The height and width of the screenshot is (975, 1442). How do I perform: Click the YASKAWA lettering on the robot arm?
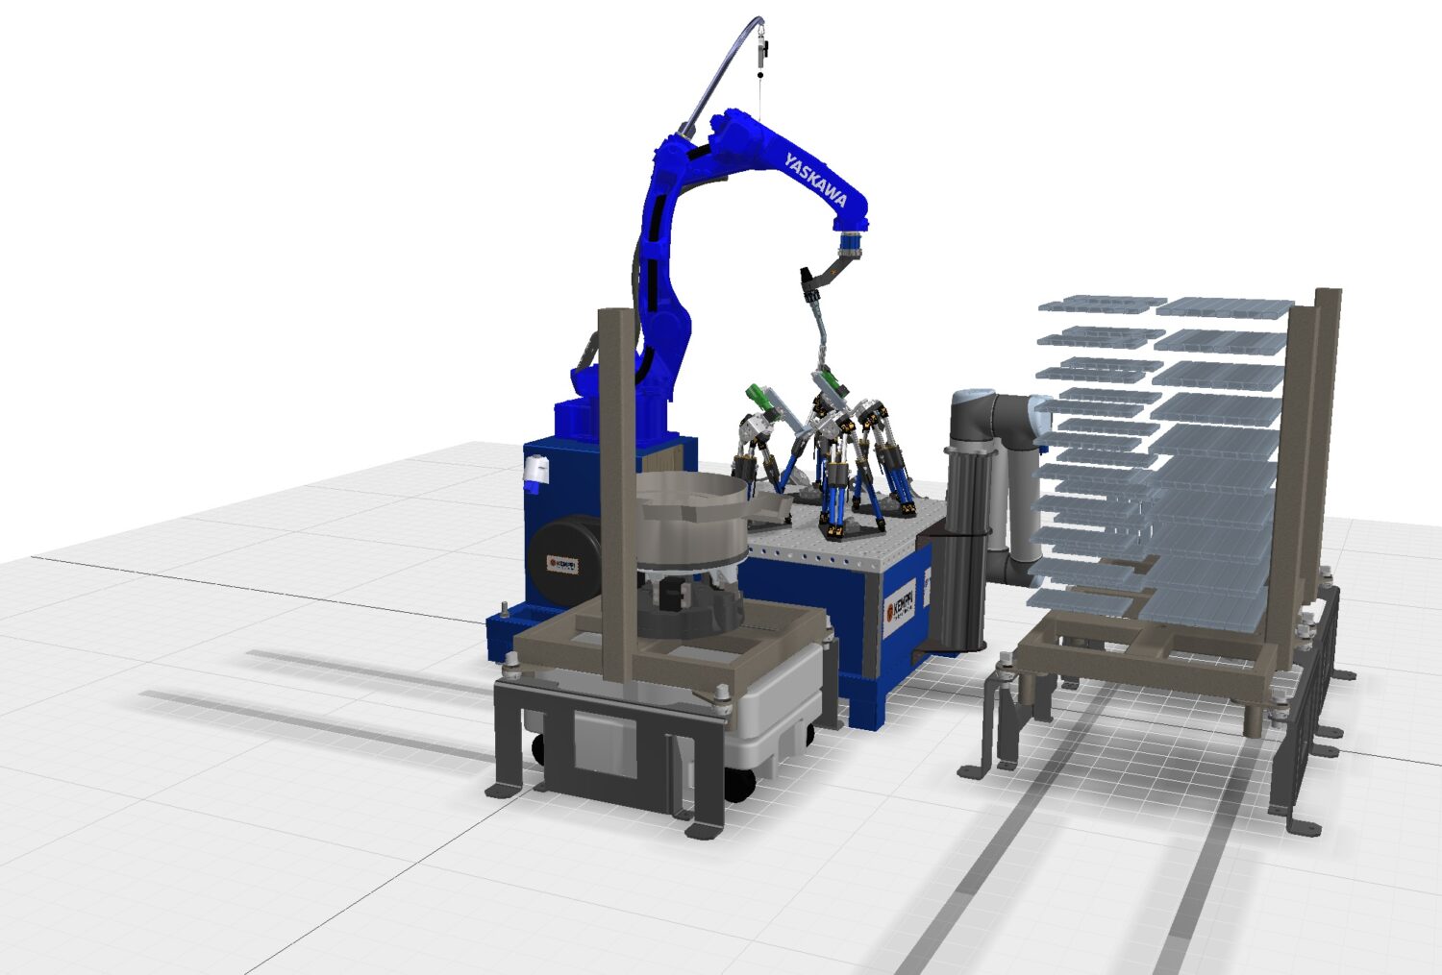click(x=815, y=179)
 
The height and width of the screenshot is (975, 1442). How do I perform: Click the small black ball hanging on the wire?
click(x=761, y=73)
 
